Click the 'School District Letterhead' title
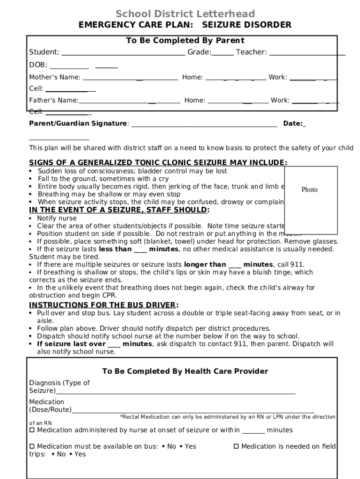[x=185, y=14]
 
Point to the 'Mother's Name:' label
[x=55, y=77]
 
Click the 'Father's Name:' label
[x=54, y=100]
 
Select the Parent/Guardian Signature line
[x=204, y=124]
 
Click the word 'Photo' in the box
[x=310, y=189]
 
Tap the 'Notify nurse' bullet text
[x=57, y=218]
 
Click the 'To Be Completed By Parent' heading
[x=185, y=41]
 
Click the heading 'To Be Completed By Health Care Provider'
[x=185, y=371]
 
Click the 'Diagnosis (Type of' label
[x=59, y=383]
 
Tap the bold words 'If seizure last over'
[x=71, y=344]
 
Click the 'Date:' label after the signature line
[x=293, y=123]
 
